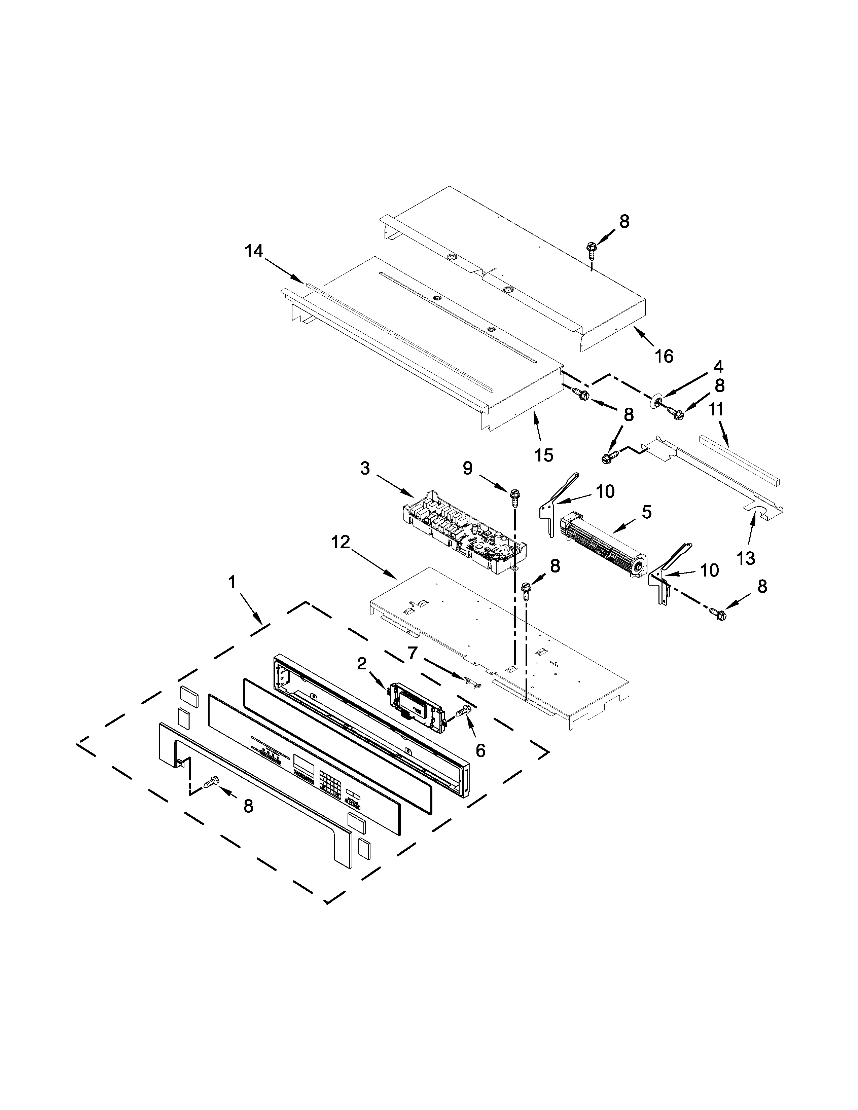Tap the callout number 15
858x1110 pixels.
tap(544, 455)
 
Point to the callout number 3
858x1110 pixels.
tap(365, 469)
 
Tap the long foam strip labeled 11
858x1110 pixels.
tap(740, 459)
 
